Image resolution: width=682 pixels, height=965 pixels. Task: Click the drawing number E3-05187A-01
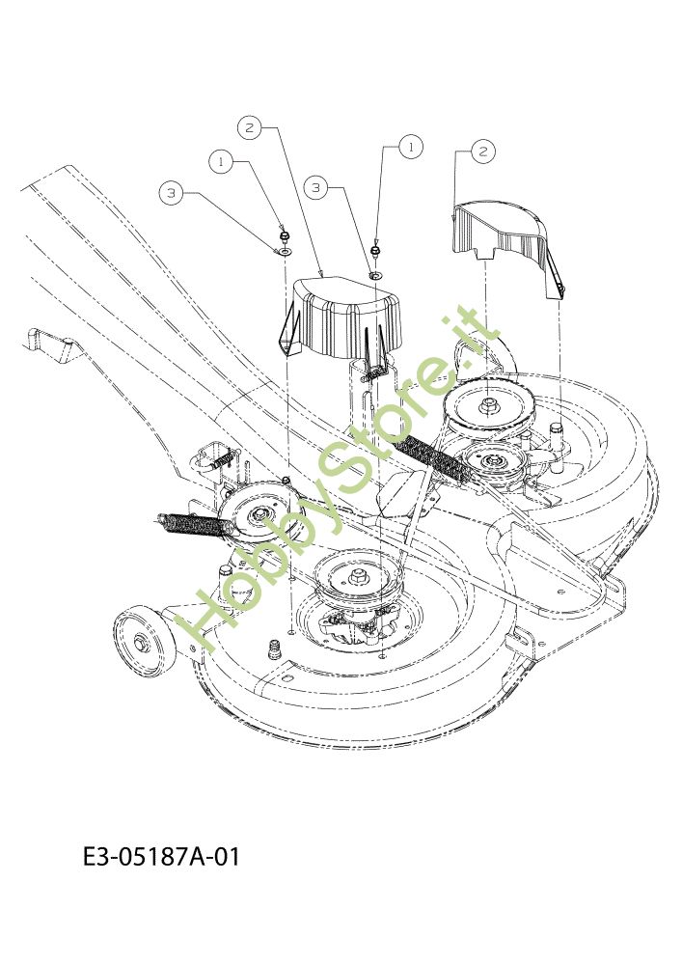[161, 856]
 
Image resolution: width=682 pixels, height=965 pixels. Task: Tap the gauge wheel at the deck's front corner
[144, 641]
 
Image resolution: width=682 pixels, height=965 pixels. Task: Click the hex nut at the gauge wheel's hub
[140, 642]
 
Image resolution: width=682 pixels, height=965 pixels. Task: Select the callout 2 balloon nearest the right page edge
[482, 151]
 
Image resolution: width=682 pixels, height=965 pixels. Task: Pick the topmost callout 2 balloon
[249, 128]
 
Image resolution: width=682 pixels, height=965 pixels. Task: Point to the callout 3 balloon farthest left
[171, 193]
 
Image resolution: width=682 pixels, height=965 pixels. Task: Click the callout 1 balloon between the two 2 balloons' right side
[411, 147]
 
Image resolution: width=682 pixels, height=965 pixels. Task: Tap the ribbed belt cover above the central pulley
[344, 318]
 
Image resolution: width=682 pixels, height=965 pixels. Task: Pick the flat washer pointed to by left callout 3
[285, 252]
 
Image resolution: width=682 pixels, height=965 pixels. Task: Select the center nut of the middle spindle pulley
[358, 576]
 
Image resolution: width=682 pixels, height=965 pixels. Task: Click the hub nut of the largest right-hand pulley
[489, 404]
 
